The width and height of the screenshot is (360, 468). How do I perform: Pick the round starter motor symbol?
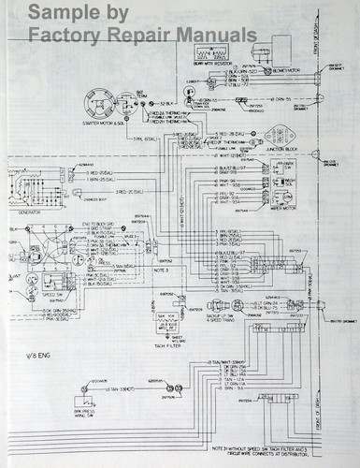coord(100,103)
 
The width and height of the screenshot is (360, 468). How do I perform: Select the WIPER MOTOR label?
coord(282,208)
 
